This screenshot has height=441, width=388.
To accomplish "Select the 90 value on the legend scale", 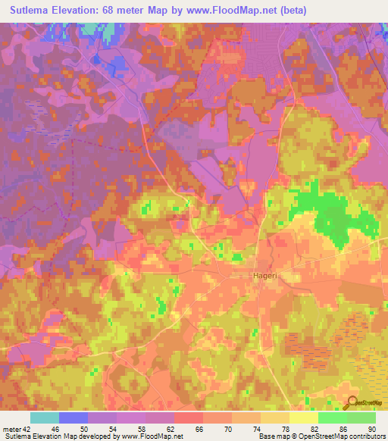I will pos(373,428).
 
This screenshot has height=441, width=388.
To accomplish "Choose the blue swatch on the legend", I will pos(73,418).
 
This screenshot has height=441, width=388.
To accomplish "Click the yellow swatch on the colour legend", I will pos(303,418).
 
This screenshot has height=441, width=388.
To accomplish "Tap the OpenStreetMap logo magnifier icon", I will pos(350,402).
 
